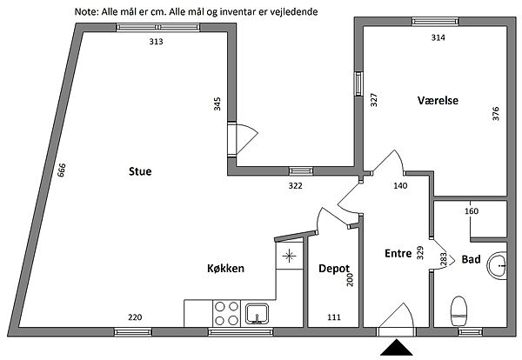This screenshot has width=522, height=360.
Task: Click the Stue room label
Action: click(x=140, y=171)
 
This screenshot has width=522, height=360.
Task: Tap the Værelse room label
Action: click(x=438, y=100)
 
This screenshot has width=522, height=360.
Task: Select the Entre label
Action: click(x=398, y=253)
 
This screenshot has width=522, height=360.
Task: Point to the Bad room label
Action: click(x=471, y=259)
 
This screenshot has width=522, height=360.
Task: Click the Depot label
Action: click(x=334, y=269)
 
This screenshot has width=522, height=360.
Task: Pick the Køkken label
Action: click(x=225, y=268)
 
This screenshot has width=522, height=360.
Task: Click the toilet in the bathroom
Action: click(x=458, y=311)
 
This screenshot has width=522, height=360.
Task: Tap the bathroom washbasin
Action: click(x=497, y=265)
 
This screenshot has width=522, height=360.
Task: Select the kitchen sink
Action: click(x=257, y=314)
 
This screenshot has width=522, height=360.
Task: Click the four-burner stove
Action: click(x=226, y=313)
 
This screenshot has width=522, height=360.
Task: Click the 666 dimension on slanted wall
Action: click(x=62, y=170)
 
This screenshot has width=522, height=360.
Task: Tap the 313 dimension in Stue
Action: click(x=156, y=42)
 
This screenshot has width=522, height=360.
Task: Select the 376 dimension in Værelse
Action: click(x=496, y=113)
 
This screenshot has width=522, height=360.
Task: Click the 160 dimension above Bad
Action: click(x=472, y=211)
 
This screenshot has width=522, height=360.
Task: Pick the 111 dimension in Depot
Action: click(x=334, y=317)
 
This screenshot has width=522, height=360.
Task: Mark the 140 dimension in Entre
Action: click(x=400, y=186)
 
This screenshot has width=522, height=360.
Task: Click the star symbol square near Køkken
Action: click(x=290, y=256)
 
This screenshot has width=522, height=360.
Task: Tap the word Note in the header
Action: click(x=86, y=12)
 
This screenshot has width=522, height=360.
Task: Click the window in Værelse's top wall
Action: click(x=435, y=22)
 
